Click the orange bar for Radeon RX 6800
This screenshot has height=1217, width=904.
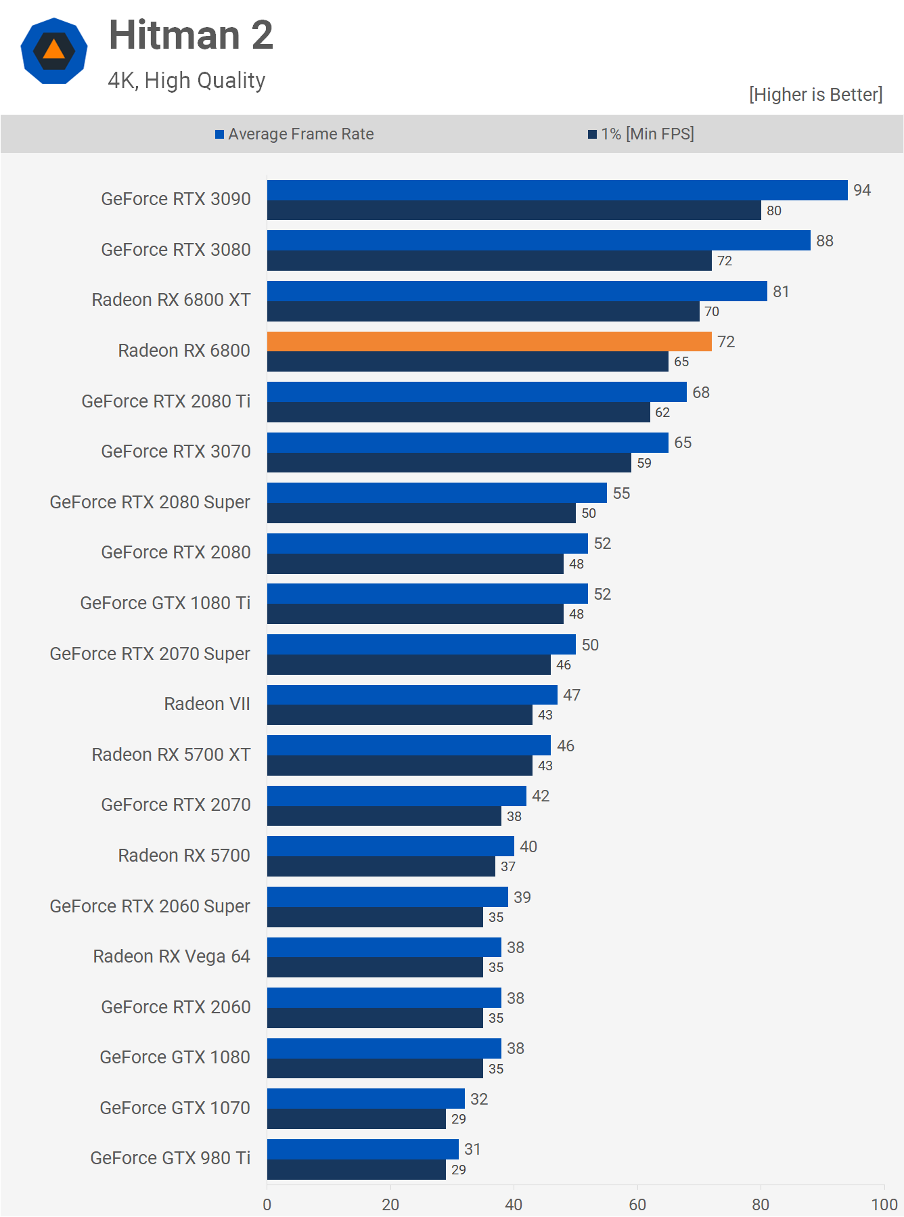[x=489, y=342]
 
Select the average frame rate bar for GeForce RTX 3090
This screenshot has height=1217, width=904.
[x=557, y=190]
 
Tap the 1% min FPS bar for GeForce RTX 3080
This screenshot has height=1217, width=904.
[x=489, y=261]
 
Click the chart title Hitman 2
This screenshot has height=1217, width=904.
[x=191, y=35]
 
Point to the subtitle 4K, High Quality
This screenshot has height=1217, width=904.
[x=187, y=81]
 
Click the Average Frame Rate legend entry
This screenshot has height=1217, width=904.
[x=295, y=134]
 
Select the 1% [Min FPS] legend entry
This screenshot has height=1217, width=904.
[x=641, y=134]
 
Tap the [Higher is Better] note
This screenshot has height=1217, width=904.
[x=815, y=95]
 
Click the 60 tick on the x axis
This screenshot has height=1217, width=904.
[x=637, y=1204]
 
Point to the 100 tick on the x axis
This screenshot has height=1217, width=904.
[x=884, y=1204]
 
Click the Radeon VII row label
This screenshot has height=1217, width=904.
[x=207, y=704]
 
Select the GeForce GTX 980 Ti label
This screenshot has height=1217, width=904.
[x=171, y=1158]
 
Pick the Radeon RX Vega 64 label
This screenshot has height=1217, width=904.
[x=172, y=956]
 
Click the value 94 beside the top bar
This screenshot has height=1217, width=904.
[x=861, y=190]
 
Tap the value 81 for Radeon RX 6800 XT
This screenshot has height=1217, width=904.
[x=781, y=292]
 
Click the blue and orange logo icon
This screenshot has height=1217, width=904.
[x=54, y=51]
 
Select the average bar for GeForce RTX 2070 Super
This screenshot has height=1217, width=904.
[x=421, y=644]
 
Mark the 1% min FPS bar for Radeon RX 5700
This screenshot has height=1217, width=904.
[x=381, y=866]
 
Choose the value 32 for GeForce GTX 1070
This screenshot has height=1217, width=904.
[x=479, y=1099]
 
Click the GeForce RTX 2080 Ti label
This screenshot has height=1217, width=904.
[x=166, y=401]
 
